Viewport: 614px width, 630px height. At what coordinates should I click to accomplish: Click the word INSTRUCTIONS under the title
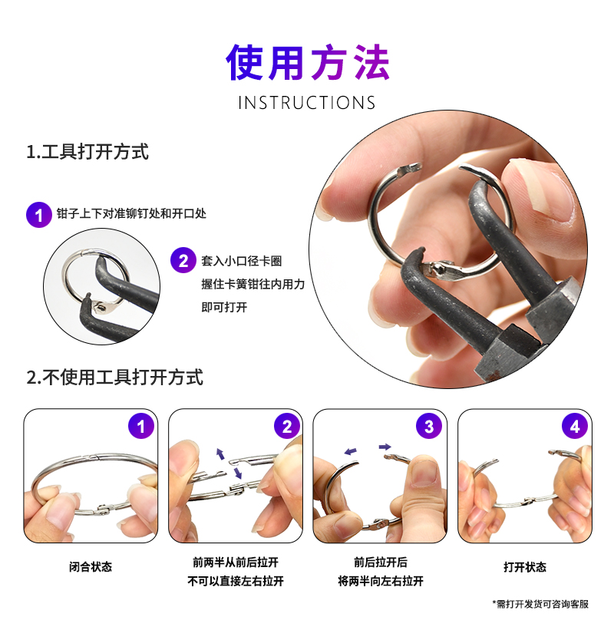click(x=306, y=103)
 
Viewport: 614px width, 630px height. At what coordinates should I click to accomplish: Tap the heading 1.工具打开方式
click(x=87, y=152)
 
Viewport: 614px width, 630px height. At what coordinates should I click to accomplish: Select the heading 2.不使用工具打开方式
click(x=115, y=378)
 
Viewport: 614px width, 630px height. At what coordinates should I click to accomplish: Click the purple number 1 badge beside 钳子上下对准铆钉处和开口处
click(x=39, y=215)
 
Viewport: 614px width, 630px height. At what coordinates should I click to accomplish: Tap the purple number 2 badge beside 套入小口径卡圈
click(x=183, y=260)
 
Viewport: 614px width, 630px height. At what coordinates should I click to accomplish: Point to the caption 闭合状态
click(x=91, y=567)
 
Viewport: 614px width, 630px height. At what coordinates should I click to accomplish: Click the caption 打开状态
click(x=525, y=567)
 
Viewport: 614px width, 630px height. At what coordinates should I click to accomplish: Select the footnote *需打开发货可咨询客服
click(x=540, y=604)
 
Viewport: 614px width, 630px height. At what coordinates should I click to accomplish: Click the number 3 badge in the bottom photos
click(x=429, y=426)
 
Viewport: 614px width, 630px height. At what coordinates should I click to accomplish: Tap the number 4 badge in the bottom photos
click(x=575, y=426)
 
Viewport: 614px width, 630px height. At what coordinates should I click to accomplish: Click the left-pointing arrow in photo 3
click(x=351, y=452)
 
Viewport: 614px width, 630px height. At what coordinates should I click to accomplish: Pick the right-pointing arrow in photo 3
click(x=385, y=447)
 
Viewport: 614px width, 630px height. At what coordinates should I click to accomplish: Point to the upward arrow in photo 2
click(x=220, y=454)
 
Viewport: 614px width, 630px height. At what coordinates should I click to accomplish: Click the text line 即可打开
click(x=224, y=308)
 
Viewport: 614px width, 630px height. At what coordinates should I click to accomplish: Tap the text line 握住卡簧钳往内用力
click(x=253, y=284)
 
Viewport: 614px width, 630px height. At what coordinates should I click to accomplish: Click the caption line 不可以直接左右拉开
click(x=236, y=581)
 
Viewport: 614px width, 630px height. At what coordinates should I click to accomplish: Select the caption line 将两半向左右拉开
click(x=381, y=581)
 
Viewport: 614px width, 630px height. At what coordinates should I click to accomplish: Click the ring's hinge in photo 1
click(x=103, y=509)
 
